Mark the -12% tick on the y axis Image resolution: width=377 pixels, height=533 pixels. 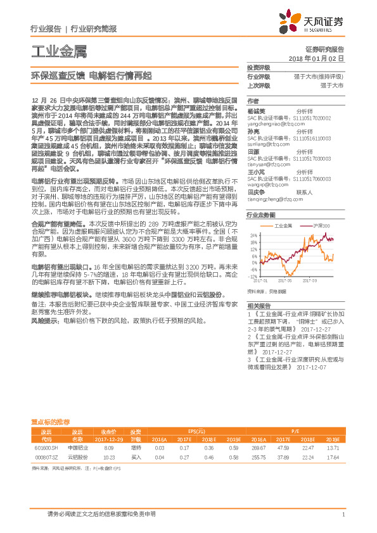253,277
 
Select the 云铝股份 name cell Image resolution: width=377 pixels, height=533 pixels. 77,456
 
